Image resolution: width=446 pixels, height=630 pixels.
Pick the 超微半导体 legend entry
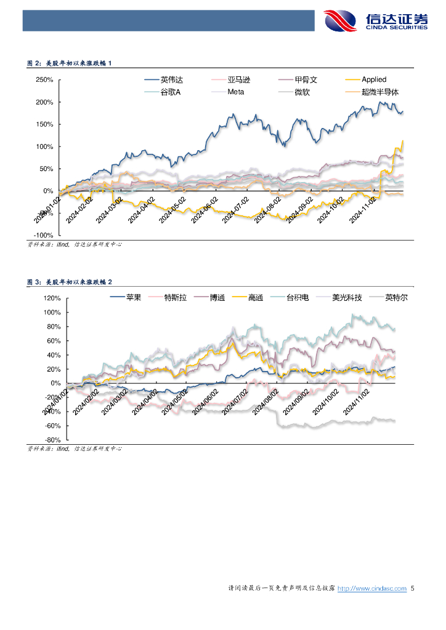tap(380, 92)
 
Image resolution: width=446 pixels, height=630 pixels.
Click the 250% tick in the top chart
tap(45, 80)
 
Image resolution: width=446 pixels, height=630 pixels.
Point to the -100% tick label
tap(44, 235)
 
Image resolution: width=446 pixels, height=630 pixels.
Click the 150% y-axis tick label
tap(45, 124)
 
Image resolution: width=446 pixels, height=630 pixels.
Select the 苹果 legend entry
tap(134, 298)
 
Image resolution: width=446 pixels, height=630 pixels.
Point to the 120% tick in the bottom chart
tap(52, 298)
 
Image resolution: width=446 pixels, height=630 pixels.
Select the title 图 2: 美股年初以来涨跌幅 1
tap(70, 63)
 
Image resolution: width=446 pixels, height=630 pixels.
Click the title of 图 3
tap(70, 282)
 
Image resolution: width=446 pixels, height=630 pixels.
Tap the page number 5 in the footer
tap(413, 589)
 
